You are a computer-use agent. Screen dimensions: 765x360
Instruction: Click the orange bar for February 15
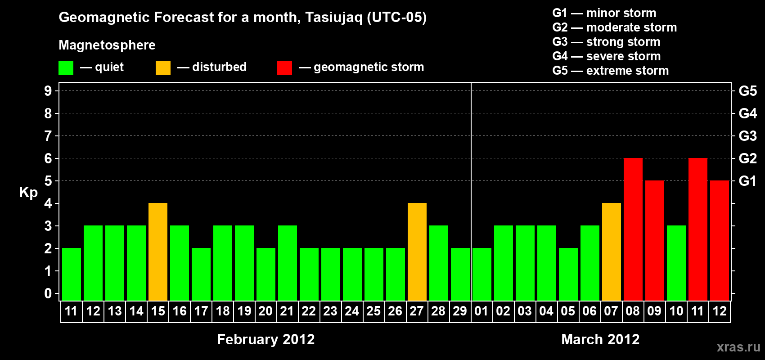tap(158, 252)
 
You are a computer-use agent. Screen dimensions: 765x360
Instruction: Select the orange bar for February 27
tap(417, 252)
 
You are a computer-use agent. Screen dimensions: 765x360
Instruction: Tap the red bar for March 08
tap(633, 229)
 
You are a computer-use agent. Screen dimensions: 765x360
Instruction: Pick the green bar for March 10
tap(676, 263)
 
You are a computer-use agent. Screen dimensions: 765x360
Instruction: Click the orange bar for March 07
tap(611, 252)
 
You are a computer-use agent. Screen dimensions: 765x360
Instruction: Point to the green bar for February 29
tap(460, 274)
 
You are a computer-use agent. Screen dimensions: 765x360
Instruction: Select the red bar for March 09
tap(655, 240)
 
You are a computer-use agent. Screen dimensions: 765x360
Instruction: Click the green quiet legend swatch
tap(66, 67)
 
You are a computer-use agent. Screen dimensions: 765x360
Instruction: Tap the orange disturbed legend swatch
tap(163, 67)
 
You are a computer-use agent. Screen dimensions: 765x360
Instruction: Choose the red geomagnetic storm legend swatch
tap(284, 67)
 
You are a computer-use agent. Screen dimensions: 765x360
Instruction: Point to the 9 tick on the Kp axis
tap(48, 91)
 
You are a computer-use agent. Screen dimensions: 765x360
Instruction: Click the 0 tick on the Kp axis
tap(48, 293)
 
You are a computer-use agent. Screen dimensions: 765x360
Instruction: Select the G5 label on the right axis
tap(747, 91)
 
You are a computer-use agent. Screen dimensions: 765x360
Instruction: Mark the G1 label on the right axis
tap(747, 181)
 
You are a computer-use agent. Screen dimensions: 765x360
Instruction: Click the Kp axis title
tap(28, 193)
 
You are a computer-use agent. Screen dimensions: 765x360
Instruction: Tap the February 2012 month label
tap(265, 339)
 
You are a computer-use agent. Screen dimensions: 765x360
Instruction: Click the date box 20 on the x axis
tap(265, 311)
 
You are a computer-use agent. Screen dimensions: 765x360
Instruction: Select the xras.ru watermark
tap(738, 347)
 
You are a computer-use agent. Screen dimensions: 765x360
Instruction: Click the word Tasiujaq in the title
tap(333, 18)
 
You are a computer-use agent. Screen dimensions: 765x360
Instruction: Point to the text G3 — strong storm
tap(606, 42)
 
